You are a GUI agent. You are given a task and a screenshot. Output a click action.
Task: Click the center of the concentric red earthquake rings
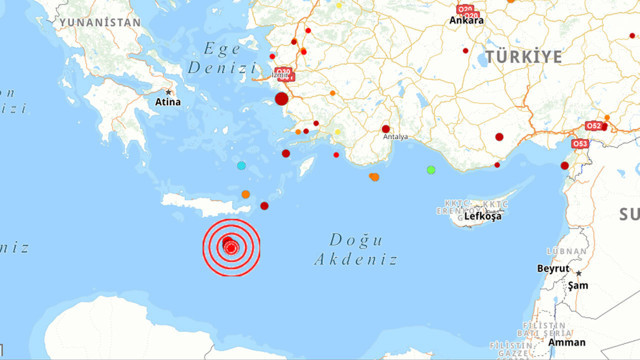click(x=231, y=246)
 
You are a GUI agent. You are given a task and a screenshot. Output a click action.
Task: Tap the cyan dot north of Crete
click(x=241, y=165)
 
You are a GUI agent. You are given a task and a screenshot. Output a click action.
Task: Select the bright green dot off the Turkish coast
click(x=431, y=170)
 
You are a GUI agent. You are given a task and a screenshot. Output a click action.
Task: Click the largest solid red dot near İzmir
click(x=282, y=98)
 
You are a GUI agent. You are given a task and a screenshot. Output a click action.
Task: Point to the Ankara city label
click(x=467, y=19)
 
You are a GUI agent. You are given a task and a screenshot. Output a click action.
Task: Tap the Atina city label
click(x=165, y=101)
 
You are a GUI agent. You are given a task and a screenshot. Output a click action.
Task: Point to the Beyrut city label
click(x=552, y=269)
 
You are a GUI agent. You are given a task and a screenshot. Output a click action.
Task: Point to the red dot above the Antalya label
click(x=385, y=128)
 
